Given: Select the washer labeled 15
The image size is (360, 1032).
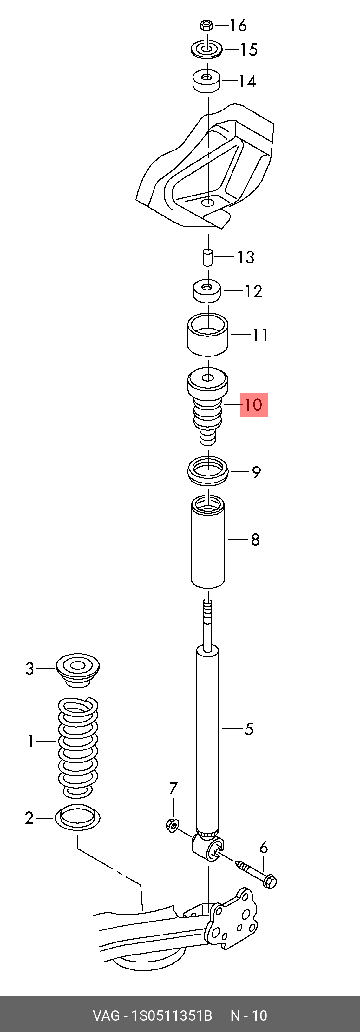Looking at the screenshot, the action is [x=206, y=49].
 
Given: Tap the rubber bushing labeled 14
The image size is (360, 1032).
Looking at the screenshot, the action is [x=206, y=81].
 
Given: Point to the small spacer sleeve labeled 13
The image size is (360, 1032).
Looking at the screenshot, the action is [x=207, y=257].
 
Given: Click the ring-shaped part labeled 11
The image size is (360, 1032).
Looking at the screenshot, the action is [x=208, y=334].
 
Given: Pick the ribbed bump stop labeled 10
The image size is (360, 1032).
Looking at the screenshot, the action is [x=208, y=405].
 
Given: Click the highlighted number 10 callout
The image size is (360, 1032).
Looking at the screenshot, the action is [x=253, y=405].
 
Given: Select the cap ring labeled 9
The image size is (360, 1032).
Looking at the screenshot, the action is [x=208, y=471].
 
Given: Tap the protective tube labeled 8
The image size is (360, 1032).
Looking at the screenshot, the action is [x=208, y=542].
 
